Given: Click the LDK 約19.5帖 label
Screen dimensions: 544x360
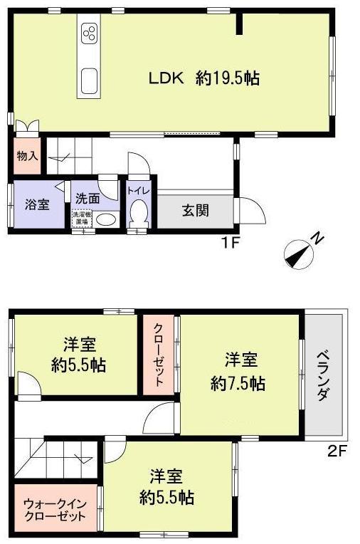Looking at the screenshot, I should pos(203,78).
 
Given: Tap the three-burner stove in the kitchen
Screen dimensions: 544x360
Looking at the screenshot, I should pos(91,33).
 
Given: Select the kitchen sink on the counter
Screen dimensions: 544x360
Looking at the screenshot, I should pos(91,79).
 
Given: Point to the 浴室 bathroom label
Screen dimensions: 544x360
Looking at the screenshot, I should pos(37,204).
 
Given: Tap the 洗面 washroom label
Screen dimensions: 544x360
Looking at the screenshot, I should pos(88,199).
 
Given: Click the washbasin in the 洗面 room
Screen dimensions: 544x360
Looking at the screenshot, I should pos(105,219).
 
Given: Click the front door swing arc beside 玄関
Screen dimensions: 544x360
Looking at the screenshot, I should pos(253,210).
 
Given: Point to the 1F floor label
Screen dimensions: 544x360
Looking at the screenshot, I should pos(229,242).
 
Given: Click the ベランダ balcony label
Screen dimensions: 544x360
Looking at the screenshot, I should pos(324,374).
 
